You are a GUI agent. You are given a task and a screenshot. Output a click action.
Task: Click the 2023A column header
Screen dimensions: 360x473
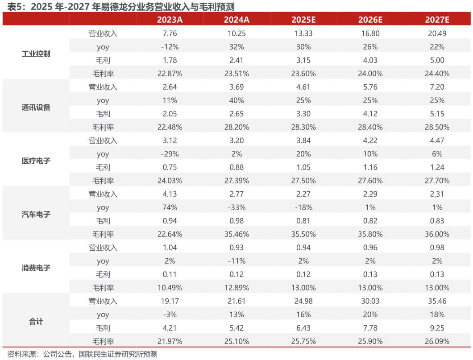pyautogui.click(x=170, y=20)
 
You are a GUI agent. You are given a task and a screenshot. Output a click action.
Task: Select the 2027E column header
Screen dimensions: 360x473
pyautogui.click(x=437, y=20)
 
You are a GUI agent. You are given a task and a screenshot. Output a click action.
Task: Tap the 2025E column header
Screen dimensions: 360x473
pyautogui.click(x=303, y=20)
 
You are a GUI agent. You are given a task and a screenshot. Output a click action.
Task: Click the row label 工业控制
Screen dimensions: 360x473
pyautogui.click(x=36, y=54)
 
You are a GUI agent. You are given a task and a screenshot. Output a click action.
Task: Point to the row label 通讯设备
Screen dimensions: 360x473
pyautogui.click(x=36, y=107)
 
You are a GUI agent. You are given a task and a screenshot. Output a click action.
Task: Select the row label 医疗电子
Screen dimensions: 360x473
pyautogui.click(x=36, y=161)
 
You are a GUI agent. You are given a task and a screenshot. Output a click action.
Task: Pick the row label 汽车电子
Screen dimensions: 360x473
pyautogui.click(x=36, y=214)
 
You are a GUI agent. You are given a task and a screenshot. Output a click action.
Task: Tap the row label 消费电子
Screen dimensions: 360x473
pyautogui.click(x=36, y=268)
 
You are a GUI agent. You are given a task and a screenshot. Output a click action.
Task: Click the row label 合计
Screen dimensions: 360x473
pyautogui.click(x=36, y=321)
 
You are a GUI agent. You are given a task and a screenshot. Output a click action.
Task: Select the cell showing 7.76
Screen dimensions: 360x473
pyautogui.click(x=170, y=33)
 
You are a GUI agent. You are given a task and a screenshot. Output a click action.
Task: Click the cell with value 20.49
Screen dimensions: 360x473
pyautogui.click(x=437, y=33)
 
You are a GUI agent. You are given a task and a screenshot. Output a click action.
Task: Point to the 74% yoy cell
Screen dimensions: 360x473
pyautogui.click(x=170, y=207)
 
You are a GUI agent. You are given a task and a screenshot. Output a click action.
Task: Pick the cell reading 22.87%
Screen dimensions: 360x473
pyautogui.click(x=170, y=74)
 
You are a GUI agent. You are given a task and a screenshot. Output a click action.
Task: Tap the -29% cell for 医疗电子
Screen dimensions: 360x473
pyautogui.click(x=170, y=154)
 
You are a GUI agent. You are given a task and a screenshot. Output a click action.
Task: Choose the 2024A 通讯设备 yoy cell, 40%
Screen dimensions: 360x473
pyautogui.click(x=237, y=100)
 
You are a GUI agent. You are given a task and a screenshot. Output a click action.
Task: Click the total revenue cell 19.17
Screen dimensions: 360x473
pyautogui.click(x=170, y=301)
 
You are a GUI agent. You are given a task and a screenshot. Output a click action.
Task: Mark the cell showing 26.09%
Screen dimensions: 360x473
pyautogui.click(x=437, y=341)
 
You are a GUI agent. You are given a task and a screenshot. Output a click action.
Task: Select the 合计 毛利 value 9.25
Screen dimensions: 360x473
pyautogui.click(x=437, y=328)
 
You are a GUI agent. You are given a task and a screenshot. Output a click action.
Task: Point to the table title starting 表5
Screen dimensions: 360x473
pyautogui.click(x=121, y=6)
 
